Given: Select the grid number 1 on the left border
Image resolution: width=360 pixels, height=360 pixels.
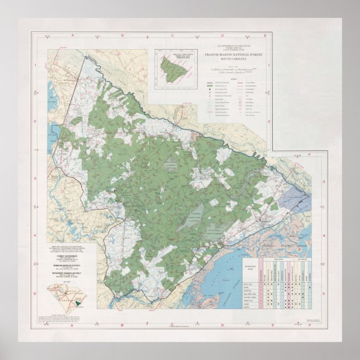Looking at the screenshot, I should [36, 65].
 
